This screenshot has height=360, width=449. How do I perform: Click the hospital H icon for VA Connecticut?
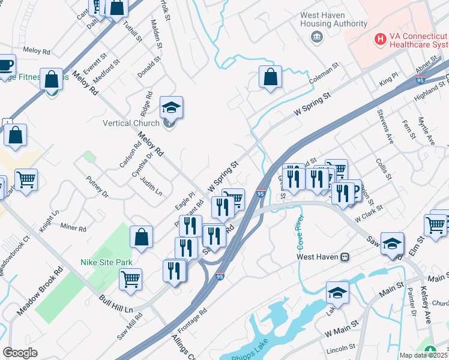[379, 40]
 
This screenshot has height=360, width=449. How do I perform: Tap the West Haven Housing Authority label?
[334, 19]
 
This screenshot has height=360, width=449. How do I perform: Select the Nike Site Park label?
[106, 262]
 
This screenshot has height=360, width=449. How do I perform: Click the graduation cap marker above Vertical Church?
[171, 107]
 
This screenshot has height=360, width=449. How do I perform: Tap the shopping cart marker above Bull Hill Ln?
[130, 278]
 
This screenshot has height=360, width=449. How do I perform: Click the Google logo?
[20, 353]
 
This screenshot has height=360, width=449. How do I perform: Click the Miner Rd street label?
[74, 228]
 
